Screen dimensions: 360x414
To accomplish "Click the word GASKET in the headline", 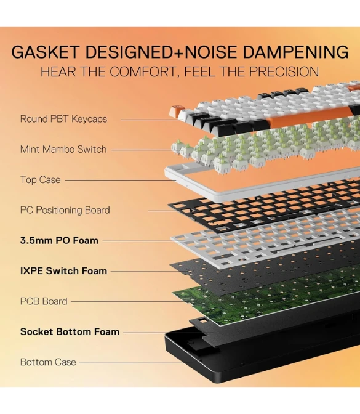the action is (45, 52).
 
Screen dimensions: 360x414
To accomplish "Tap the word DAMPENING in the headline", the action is (295, 52).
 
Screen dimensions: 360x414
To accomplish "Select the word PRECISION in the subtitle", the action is (284, 71).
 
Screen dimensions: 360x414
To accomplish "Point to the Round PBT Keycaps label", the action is (63, 119).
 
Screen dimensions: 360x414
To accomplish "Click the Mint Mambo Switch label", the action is (63, 150).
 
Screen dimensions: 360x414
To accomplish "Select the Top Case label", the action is (41, 180).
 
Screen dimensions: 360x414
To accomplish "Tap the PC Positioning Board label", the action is (65, 210).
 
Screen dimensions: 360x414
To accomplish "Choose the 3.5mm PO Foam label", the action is (59, 240).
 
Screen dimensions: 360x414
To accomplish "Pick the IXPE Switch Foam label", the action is (63, 271).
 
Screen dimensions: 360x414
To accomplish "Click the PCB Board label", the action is (44, 301).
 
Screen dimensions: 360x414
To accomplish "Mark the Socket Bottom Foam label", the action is (70, 332).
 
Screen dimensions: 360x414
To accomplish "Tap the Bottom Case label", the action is (48, 362).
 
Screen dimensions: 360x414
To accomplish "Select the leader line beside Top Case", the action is (121, 181).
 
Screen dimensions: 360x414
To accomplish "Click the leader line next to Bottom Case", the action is (136, 363).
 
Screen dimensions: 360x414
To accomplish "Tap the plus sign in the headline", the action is (178, 52).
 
